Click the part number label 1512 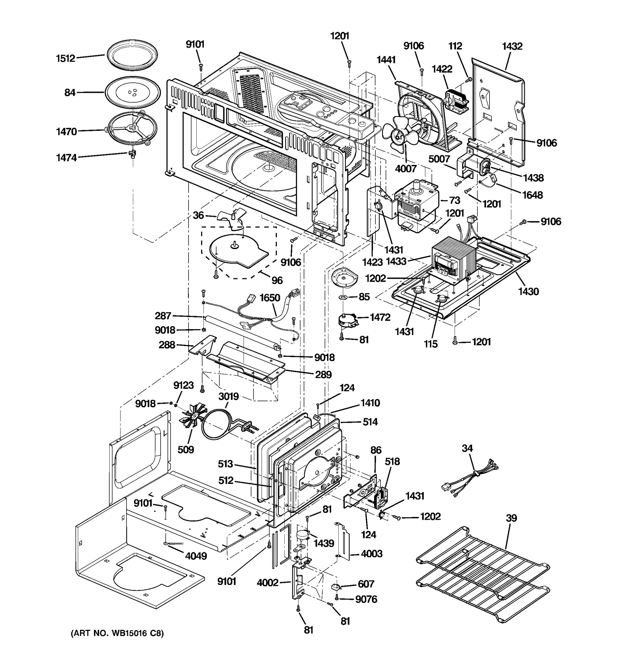(66, 58)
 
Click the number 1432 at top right (512, 46)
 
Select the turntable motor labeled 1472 (347, 321)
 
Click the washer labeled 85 (344, 297)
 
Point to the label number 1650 (270, 297)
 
